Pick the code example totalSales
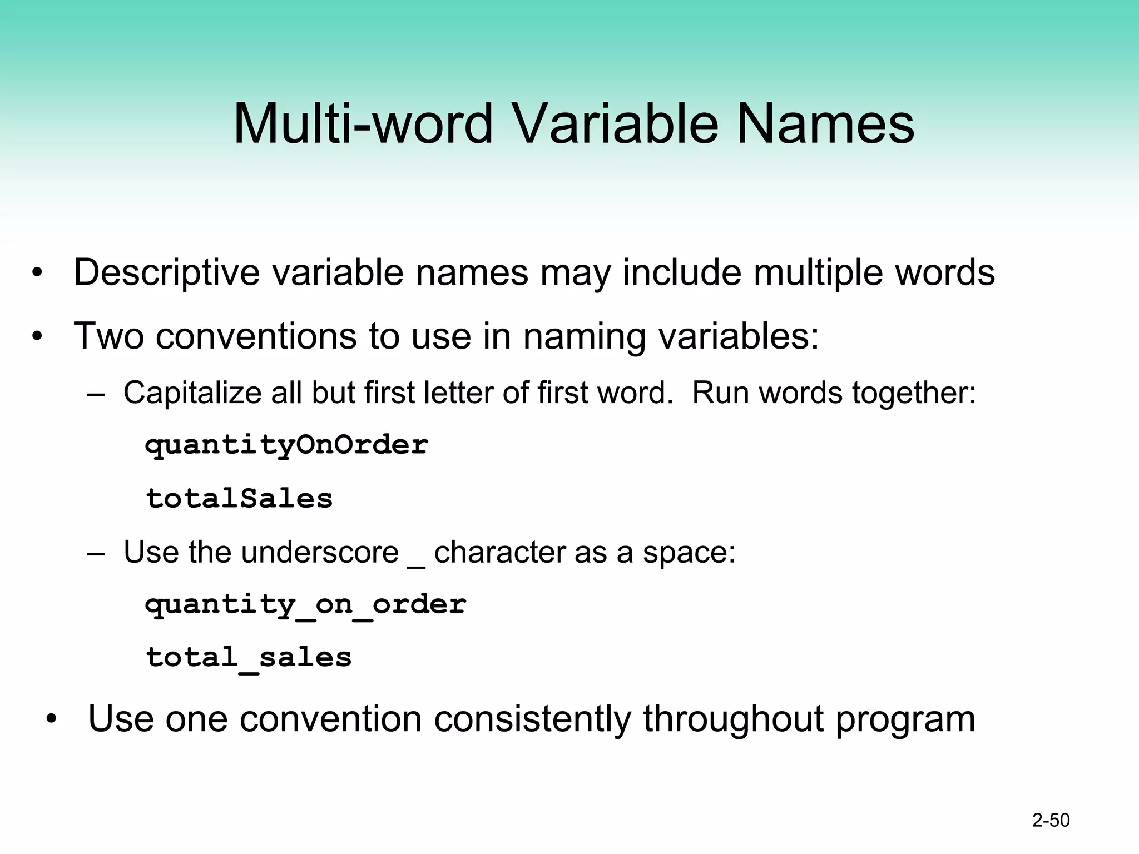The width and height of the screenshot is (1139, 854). tap(239, 499)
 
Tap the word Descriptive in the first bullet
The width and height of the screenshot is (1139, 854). tap(166, 272)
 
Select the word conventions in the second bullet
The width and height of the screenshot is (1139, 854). tap(256, 336)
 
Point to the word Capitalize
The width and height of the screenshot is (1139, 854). tap(192, 393)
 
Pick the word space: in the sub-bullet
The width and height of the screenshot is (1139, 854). tap(689, 553)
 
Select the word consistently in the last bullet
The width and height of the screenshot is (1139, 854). tap(532, 719)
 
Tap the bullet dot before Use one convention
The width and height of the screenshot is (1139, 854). tap(52, 719)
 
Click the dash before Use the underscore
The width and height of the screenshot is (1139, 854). tap(96, 554)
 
